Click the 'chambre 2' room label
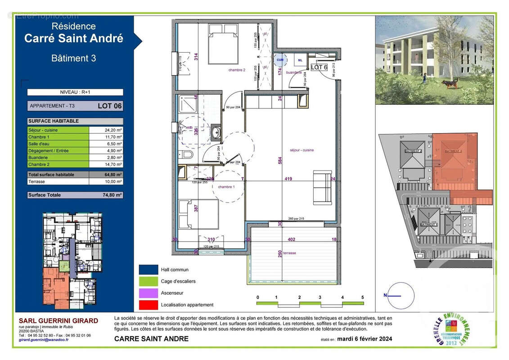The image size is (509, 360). [236, 70]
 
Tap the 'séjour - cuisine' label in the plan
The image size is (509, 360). [302, 150]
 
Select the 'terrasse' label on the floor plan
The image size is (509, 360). [290, 253]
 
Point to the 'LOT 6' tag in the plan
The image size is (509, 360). [319, 67]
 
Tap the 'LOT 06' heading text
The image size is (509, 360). [109, 106]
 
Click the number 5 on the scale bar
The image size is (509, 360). [362, 297]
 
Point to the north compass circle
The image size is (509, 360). [401, 296]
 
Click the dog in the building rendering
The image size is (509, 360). [450, 83]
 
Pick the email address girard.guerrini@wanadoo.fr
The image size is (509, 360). [44, 340]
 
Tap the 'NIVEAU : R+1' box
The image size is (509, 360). [75, 92]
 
